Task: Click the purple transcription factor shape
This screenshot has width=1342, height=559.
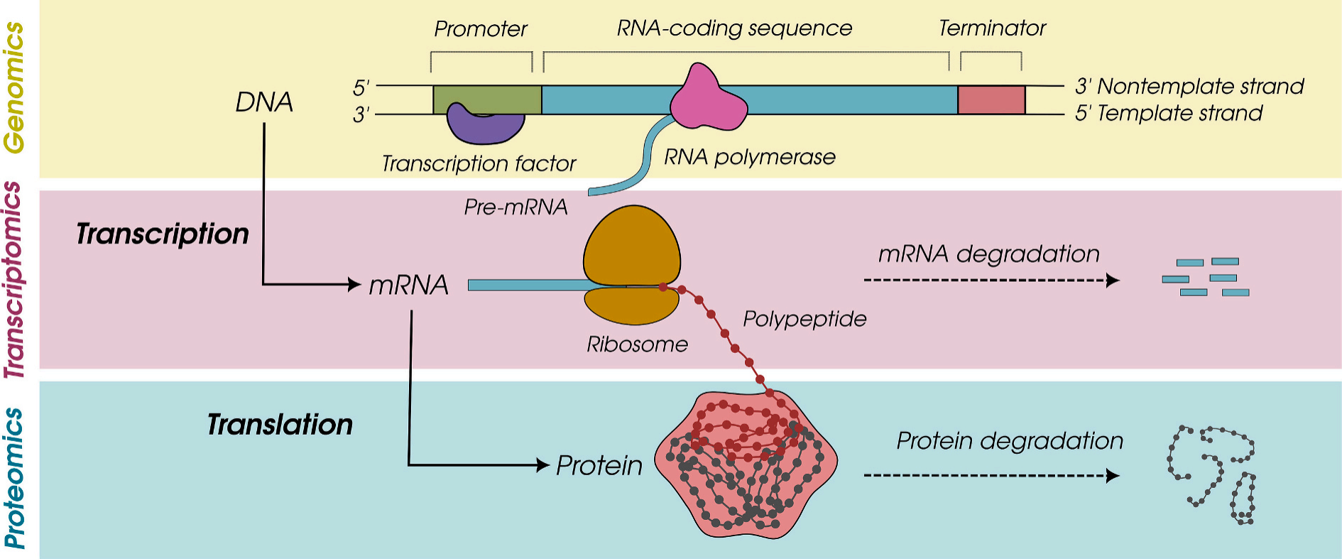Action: point(485,127)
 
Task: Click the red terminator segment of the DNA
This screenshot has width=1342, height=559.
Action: point(991,100)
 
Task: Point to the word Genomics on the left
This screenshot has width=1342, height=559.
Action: point(15,87)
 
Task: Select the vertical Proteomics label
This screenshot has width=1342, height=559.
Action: point(15,477)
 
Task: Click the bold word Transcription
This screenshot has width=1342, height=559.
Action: point(163,234)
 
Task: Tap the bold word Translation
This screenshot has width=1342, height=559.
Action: point(280,425)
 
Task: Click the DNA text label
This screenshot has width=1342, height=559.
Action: point(264,102)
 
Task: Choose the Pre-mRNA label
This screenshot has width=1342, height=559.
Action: point(515,207)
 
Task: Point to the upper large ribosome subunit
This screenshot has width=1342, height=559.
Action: point(632,245)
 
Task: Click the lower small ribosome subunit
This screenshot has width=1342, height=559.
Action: point(631,305)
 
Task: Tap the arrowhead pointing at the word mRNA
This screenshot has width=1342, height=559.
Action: point(354,285)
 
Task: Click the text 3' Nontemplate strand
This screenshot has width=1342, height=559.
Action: point(1189,87)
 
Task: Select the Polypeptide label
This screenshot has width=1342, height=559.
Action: point(804,319)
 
